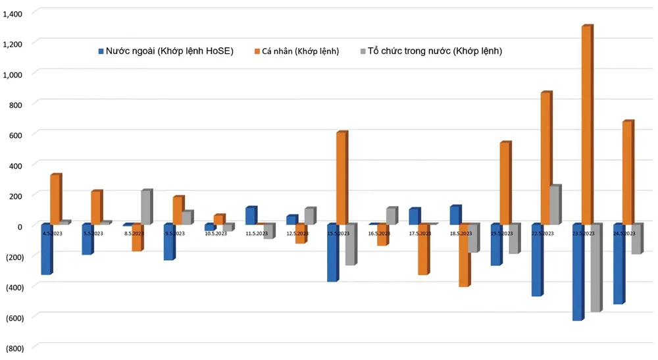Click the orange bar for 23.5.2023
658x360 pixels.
(586, 125)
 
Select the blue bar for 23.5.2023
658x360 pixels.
(577, 272)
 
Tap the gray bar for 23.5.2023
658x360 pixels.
(595, 268)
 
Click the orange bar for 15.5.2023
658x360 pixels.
(341, 178)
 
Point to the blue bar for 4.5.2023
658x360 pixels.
(46, 249)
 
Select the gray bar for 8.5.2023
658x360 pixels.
(146, 207)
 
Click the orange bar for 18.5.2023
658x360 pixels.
(464, 255)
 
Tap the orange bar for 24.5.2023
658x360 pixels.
(627, 173)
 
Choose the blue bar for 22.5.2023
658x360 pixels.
(536, 260)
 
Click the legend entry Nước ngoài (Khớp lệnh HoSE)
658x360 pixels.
(165, 51)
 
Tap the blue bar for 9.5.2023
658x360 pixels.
(168, 242)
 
